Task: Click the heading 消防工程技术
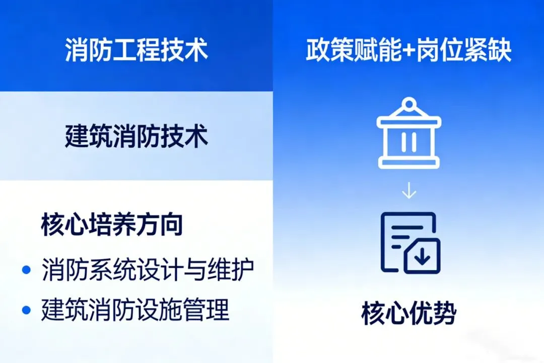[136, 50]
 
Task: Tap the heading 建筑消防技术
[136, 136]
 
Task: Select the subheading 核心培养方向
[112, 226]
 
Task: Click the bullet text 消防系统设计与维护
[148, 270]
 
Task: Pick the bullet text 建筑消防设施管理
[135, 310]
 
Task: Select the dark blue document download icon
[410, 243]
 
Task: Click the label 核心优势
[409, 314]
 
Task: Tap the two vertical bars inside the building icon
[409, 142]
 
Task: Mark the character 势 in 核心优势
[444, 314]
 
